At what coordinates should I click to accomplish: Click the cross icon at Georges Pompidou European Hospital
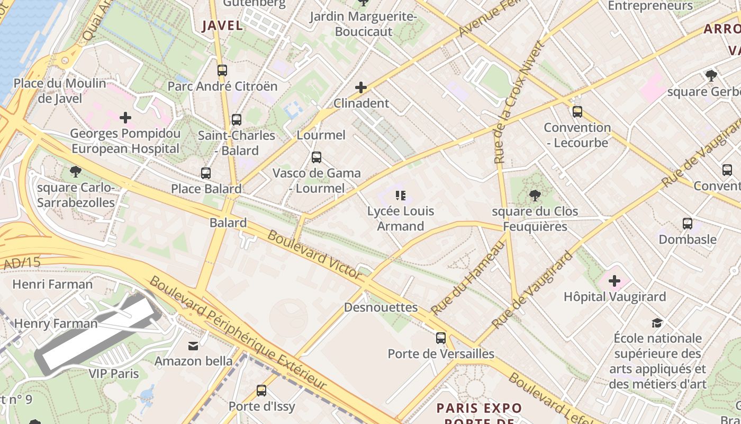pos(125,117)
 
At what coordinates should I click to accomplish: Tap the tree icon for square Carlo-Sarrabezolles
pos(75,171)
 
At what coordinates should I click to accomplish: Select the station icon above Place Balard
pos(206,173)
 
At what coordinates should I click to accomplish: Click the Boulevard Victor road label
pos(314,255)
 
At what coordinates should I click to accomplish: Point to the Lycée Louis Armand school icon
pos(401,196)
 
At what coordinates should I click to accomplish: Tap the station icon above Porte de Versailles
pos(440,338)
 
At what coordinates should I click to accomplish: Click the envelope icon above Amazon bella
pos(193,346)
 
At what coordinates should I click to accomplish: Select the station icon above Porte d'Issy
pos(261,391)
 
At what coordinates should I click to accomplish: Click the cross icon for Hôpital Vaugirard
pos(615,280)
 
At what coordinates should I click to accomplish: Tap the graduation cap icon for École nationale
pos(657,323)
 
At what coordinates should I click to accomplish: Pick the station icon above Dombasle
pos(687,224)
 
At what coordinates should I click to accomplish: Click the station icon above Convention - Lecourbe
pos(577,112)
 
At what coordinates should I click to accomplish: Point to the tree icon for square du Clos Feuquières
pos(535,196)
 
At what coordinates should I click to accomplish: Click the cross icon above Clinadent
pos(361,87)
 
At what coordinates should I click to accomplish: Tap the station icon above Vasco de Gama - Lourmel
pos(316,157)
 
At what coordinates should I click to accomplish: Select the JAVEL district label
pos(222,25)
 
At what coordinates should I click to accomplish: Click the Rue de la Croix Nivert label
pos(518,102)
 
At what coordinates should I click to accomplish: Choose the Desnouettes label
pos(381,307)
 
